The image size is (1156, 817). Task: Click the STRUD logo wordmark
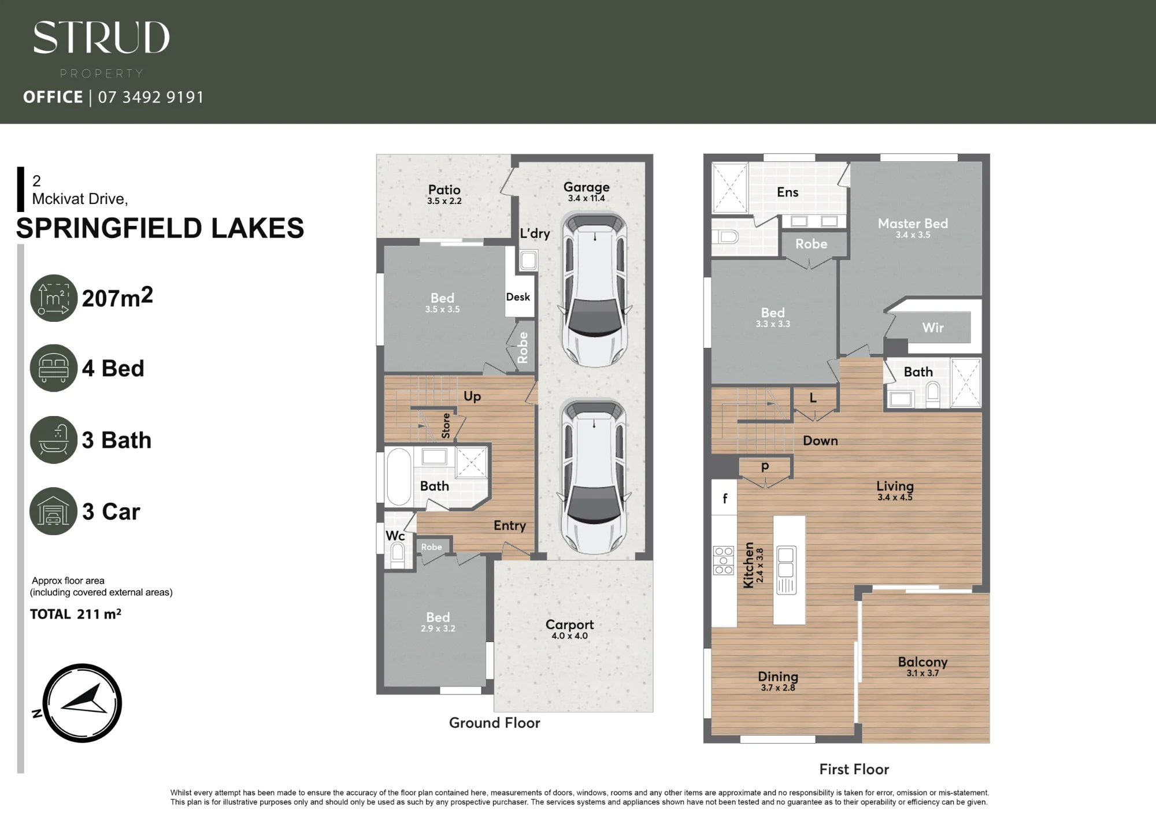click(x=101, y=38)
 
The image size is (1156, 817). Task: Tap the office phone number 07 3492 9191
click(x=151, y=97)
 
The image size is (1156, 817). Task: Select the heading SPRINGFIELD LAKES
click(x=160, y=228)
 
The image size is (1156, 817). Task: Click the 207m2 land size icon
click(x=54, y=298)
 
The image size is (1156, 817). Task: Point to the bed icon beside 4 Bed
click(x=54, y=368)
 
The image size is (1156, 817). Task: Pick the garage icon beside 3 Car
click(x=53, y=511)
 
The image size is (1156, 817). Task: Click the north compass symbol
click(x=82, y=703)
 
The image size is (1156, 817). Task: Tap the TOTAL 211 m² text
click(x=76, y=614)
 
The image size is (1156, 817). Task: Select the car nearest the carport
click(x=594, y=476)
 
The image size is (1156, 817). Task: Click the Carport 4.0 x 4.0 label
click(x=570, y=629)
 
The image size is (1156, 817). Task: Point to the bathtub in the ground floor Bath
click(x=399, y=477)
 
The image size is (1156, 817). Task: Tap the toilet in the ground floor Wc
click(x=398, y=555)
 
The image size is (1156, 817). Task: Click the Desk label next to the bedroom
click(x=518, y=297)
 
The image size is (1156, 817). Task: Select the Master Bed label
click(x=913, y=228)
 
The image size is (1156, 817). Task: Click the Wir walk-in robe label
click(x=933, y=328)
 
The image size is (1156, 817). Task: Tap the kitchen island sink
click(x=786, y=562)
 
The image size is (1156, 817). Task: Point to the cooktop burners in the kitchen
click(x=724, y=560)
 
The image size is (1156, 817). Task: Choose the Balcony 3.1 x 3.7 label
click(x=922, y=666)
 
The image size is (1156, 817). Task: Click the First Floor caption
click(x=854, y=769)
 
